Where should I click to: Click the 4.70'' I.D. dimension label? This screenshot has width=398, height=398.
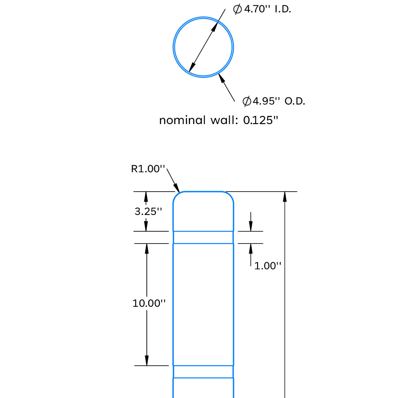(x=267, y=9)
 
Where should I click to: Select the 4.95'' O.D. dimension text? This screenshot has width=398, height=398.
(x=279, y=101)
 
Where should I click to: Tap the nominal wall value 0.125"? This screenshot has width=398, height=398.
(x=261, y=120)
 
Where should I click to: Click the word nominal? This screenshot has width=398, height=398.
(x=182, y=120)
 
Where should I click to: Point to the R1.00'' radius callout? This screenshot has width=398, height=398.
(x=148, y=169)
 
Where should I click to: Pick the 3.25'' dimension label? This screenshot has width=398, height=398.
(x=148, y=211)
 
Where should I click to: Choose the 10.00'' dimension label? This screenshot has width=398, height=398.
(x=149, y=303)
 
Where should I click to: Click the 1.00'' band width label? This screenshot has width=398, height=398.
(x=268, y=266)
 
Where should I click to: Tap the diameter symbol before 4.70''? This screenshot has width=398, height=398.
(x=237, y=9)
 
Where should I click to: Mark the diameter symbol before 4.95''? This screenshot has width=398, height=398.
(x=247, y=101)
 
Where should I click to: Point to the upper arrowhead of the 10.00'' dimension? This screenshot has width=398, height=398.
(x=147, y=249)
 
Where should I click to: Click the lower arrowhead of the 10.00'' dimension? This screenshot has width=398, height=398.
(x=147, y=360)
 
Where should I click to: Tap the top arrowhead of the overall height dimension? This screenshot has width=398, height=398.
(x=285, y=197)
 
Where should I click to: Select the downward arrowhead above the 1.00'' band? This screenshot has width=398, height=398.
(x=251, y=226)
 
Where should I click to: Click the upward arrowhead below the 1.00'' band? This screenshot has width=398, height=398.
(x=251, y=249)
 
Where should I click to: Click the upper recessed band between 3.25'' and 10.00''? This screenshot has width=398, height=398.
(x=203, y=237)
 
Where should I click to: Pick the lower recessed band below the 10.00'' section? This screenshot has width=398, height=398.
(x=203, y=372)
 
